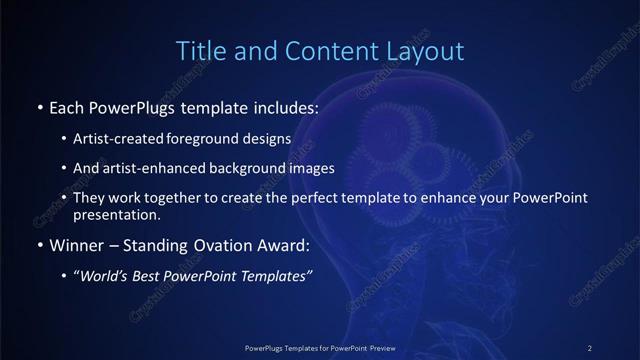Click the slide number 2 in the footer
point(590,347)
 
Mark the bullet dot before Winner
point(39,245)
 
